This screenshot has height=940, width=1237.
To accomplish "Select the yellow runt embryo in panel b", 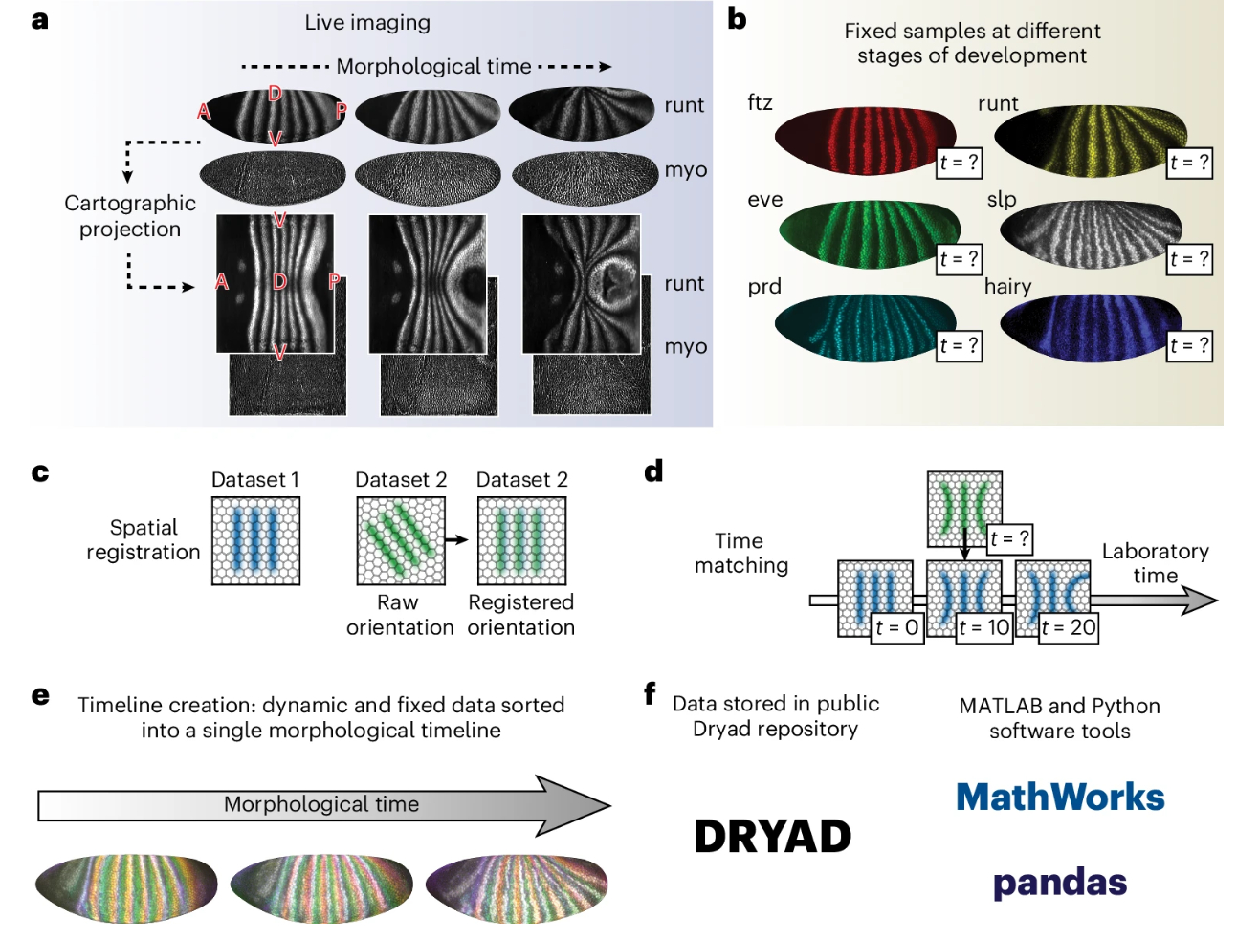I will (1086, 139).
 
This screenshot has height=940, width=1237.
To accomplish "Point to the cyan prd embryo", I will (856, 325).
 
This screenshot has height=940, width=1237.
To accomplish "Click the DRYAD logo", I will (772, 837).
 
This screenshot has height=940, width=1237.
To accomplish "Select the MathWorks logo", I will (1060, 797).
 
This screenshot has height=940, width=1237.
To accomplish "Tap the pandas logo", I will (1060, 883).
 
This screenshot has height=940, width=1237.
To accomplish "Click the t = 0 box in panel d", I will (897, 627).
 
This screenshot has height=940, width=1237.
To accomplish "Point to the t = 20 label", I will (1069, 627).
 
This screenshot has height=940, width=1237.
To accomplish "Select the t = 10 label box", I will (984, 627).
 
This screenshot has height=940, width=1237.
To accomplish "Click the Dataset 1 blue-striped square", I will (255, 540).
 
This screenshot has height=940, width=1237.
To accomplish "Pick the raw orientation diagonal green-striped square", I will (401, 540).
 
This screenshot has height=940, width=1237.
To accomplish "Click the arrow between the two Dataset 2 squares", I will (459, 540).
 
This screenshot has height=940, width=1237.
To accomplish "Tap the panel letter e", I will (40, 695).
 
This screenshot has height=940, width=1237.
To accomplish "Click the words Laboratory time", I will (1155, 563).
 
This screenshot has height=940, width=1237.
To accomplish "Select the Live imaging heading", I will (367, 22).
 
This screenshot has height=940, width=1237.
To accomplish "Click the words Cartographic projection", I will (130, 216).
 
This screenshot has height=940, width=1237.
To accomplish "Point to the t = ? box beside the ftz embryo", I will (959, 163).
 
